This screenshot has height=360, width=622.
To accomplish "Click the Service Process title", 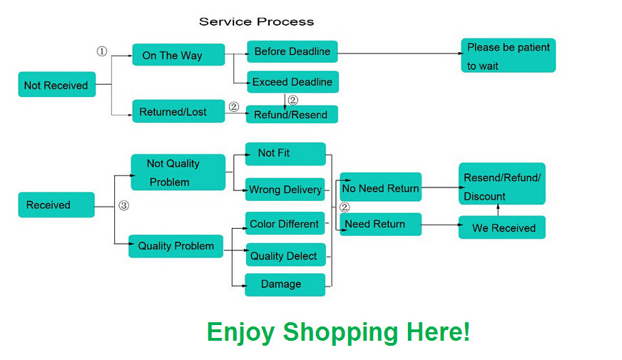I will (x=256, y=21).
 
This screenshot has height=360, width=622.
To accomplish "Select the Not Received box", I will (x=56, y=86).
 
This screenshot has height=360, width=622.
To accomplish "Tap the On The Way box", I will (x=178, y=55).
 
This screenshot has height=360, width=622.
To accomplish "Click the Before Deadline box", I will (x=292, y=51).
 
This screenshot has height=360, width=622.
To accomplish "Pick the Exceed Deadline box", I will (x=292, y=82).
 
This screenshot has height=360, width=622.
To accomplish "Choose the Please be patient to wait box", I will (x=508, y=56).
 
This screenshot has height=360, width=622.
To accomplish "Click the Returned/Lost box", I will (x=178, y=111).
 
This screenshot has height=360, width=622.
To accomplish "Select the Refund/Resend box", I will (x=292, y=114).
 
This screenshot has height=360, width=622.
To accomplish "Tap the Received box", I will (x=56, y=205).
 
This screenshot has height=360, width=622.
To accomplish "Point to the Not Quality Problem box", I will (x=178, y=173).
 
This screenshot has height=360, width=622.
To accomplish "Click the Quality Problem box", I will (x=176, y=246).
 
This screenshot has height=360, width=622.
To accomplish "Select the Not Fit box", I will (x=285, y=153).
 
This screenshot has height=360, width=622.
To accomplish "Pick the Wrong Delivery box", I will (x=285, y=190).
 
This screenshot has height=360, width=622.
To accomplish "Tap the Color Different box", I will (x=285, y=224).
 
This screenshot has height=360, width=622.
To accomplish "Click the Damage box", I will (x=285, y=284).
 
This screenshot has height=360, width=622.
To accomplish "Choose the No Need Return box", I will (x=380, y=188).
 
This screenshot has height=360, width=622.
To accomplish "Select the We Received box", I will (x=502, y=228).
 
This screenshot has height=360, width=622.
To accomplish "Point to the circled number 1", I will (x=102, y=51).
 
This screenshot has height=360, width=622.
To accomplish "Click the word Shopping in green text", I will (x=340, y=332).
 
